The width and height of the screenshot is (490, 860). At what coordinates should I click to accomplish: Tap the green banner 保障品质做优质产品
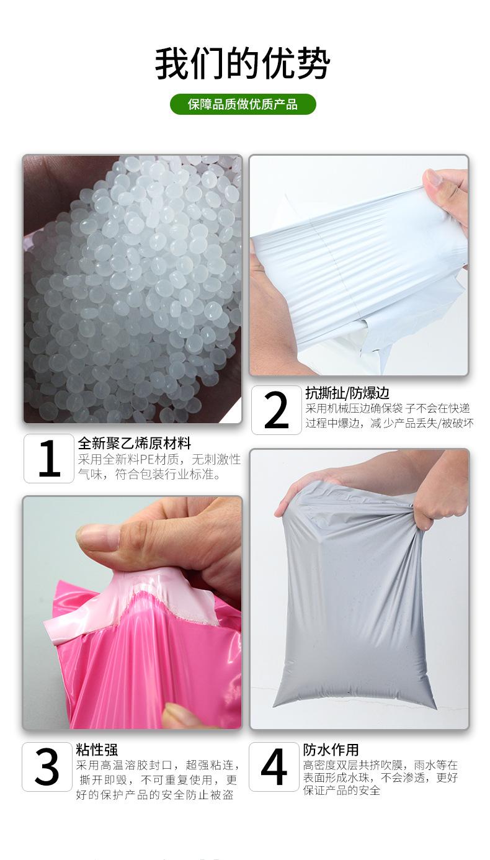[243, 104]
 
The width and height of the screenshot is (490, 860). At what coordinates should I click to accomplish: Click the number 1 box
[49, 459]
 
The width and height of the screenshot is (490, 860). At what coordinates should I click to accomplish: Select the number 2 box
[276, 410]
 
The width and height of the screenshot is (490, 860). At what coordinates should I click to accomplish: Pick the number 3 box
[47, 767]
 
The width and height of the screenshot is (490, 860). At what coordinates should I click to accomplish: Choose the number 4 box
[274, 767]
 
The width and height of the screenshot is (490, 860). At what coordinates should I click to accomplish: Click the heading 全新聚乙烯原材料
[134, 444]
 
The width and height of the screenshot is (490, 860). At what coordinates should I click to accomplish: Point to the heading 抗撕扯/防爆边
[347, 393]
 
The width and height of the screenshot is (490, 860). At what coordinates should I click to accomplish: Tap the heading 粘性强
[96, 750]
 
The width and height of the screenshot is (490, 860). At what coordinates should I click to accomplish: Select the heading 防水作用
[331, 750]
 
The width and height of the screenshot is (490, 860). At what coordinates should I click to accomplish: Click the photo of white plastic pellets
[132, 289]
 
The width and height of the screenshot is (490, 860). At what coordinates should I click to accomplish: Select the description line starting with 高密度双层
[380, 765]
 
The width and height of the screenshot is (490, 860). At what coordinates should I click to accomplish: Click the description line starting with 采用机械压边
[387, 408]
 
